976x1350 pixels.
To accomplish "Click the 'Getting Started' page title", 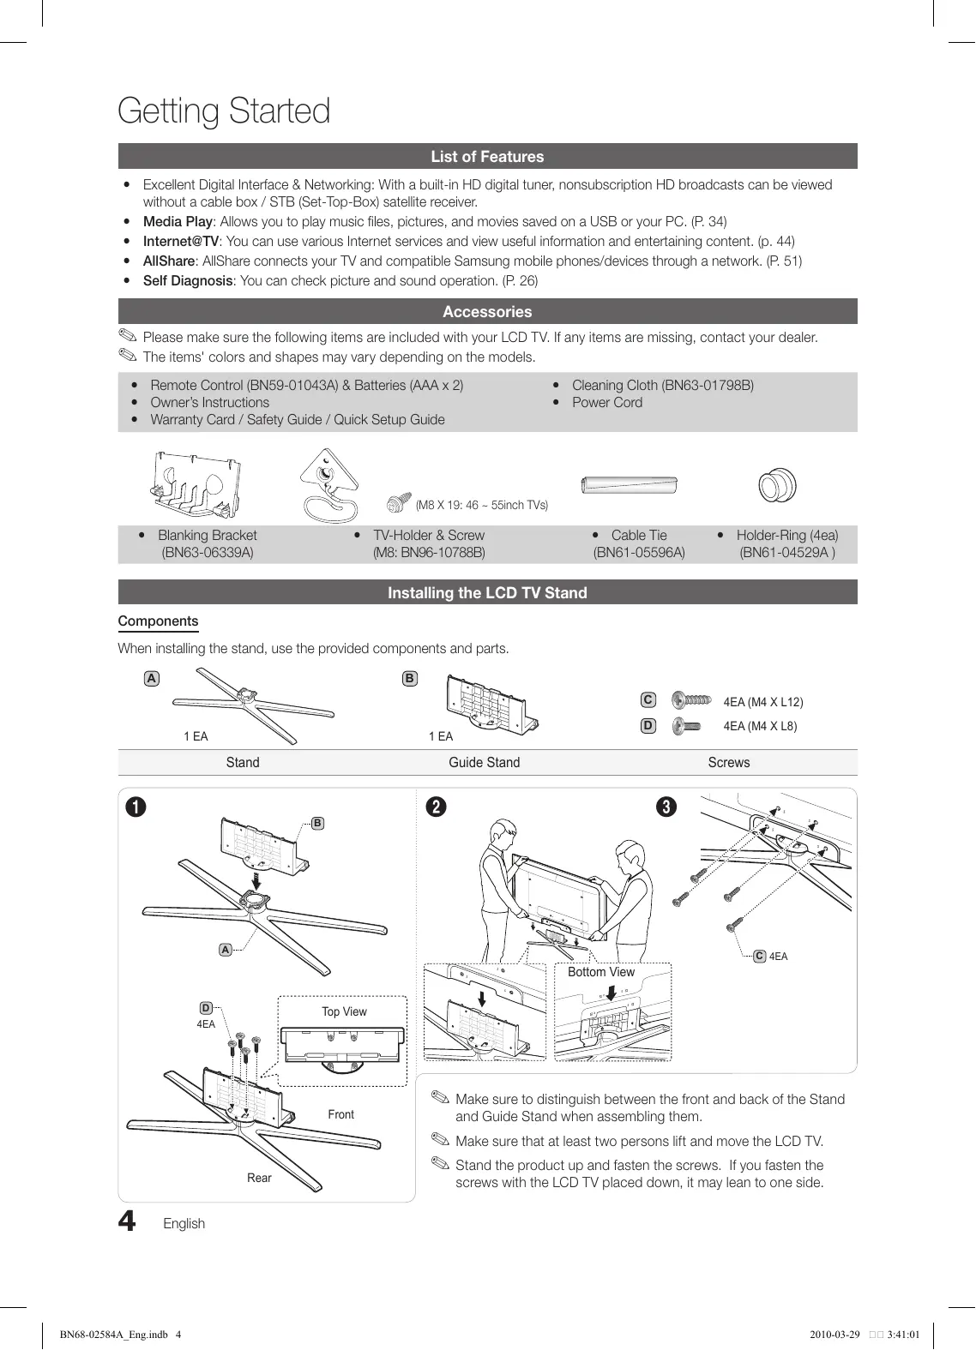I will pyautogui.click(x=224, y=111).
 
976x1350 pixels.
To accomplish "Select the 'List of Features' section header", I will pyautogui.click(x=487, y=157).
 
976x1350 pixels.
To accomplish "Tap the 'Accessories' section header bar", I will pyautogui.click(x=487, y=312).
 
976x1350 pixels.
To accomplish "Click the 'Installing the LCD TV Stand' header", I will pyautogui.click(x=487, y=593).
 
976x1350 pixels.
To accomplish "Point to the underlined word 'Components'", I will pyautogui.click(x=158, y=621).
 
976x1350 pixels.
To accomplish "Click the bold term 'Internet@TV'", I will pyautogui.click(x=181, y=242).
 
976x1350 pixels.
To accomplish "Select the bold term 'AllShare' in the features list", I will pyautogui.click(x=169, y=261).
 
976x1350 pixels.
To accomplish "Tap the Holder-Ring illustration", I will pyautogui.click(x=778, y=486).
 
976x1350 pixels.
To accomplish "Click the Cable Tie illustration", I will pyautogui.click(x=630, y=485).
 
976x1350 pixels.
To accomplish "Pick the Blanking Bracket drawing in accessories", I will pyautogui.click(x=195, y=486).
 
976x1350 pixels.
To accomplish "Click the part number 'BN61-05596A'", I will pyautogui.click(x=639, y=553).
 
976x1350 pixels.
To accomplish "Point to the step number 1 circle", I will pyautogui.click(x=135, y=807).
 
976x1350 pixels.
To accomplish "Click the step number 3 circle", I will pyautogui.click(x=666, y=807).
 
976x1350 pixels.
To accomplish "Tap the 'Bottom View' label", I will pyautogui.click(x=601, y=972).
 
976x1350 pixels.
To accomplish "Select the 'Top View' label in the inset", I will pyautogui.click(x=344, y=1012).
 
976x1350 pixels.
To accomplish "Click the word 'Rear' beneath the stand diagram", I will pyautogui.click(x=259, y=1179).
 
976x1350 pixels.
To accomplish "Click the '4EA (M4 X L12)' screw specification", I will pyautogui.click(x=763, y=703).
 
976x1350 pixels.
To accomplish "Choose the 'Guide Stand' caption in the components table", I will pyautogui.click(x=484, y=763).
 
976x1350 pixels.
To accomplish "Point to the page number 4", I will pyautogui.click(x=127, y=1221).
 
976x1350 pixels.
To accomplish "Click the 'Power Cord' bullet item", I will pyautogui.click(x=607, y=403).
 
